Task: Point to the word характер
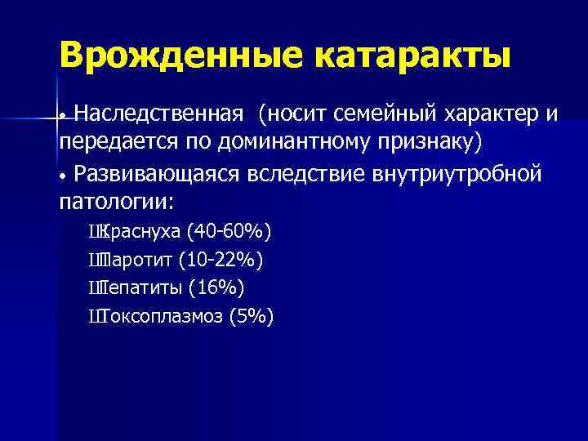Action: click(496, 112)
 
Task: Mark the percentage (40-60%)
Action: click(229, 233)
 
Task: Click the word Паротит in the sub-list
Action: click(136, 261)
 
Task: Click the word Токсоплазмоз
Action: click(161, 317)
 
